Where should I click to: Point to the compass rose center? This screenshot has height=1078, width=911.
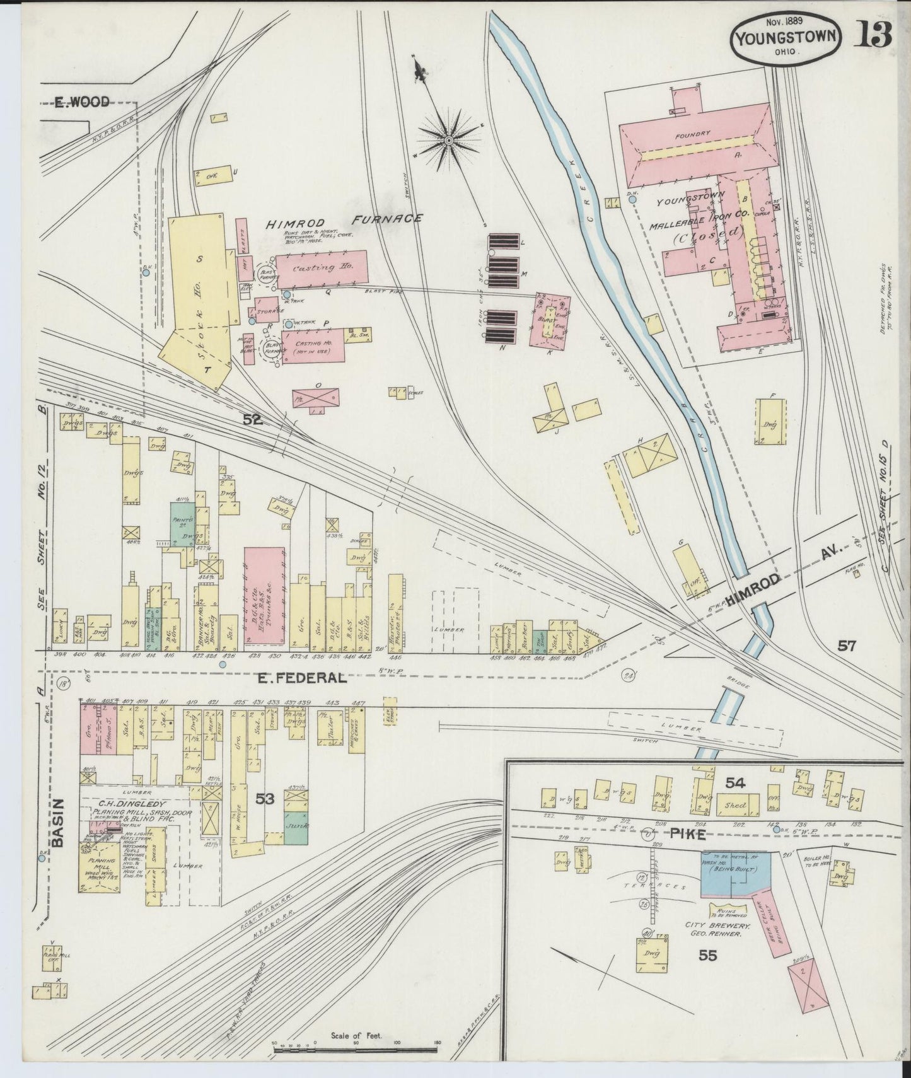pos(449,139)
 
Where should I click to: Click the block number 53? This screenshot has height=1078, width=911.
pos(265,799)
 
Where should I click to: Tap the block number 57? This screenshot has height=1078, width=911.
pos(847,645)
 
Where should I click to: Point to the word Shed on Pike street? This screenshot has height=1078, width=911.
pos(735,806)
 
